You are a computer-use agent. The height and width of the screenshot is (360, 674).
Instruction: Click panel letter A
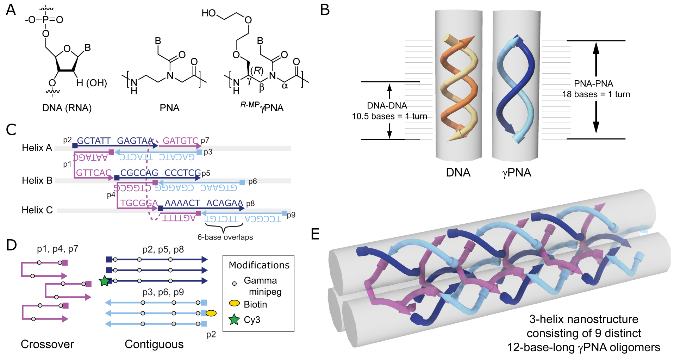pyautogui.click(x=11, y=10)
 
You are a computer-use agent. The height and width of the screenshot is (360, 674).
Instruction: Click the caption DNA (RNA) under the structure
pyautogui.click(x=67, y=108)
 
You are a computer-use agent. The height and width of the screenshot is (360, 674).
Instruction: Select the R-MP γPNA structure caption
pyautogui.click(x=262, y=107)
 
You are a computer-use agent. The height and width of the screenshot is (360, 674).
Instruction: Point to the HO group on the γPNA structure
pyautogui.click(x=208, y=13)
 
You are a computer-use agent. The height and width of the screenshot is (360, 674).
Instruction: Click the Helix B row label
pyautogui.click(x=37, y=181)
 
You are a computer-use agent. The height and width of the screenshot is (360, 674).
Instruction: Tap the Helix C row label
pyautogui.click(x=37, y=210)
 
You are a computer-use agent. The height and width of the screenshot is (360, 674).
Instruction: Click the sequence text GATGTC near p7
pyautogui.click(x=180, y=141)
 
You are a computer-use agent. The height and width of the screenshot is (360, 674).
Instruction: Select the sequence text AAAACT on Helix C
pyautogui.click(x=182, y=203)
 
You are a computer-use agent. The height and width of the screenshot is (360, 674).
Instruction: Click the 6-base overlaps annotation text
pyautogui.click(x=225, y=237)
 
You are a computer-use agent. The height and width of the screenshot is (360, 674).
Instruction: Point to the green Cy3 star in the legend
pyautogui.click(x=234, y=320)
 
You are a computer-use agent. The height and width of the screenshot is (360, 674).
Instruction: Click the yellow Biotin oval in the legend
pyautogui.click(x=234, y=304)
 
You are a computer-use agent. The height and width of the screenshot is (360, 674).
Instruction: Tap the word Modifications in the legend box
pyautogui.click(x=259, y=265)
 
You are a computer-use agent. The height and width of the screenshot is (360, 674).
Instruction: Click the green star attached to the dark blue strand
pyautogui.click(x=105, y=281)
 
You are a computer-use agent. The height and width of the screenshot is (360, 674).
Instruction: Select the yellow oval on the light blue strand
pyautogui.click(x=211, y=313)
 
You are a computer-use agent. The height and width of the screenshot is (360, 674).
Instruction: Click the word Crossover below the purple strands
pyautogui.click(x=47, y=344)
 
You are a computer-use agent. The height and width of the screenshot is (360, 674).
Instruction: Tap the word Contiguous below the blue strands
pyautogui.click(x=154, y=344)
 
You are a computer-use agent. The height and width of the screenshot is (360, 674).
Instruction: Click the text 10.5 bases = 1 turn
pyautogui.click(x=389, y=116)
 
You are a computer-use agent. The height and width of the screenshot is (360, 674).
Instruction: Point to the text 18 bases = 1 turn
pyautogui.click(x=596, y=94)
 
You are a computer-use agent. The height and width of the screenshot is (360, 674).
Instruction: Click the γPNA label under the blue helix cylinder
pyautogui.click(x=517, y=173)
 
